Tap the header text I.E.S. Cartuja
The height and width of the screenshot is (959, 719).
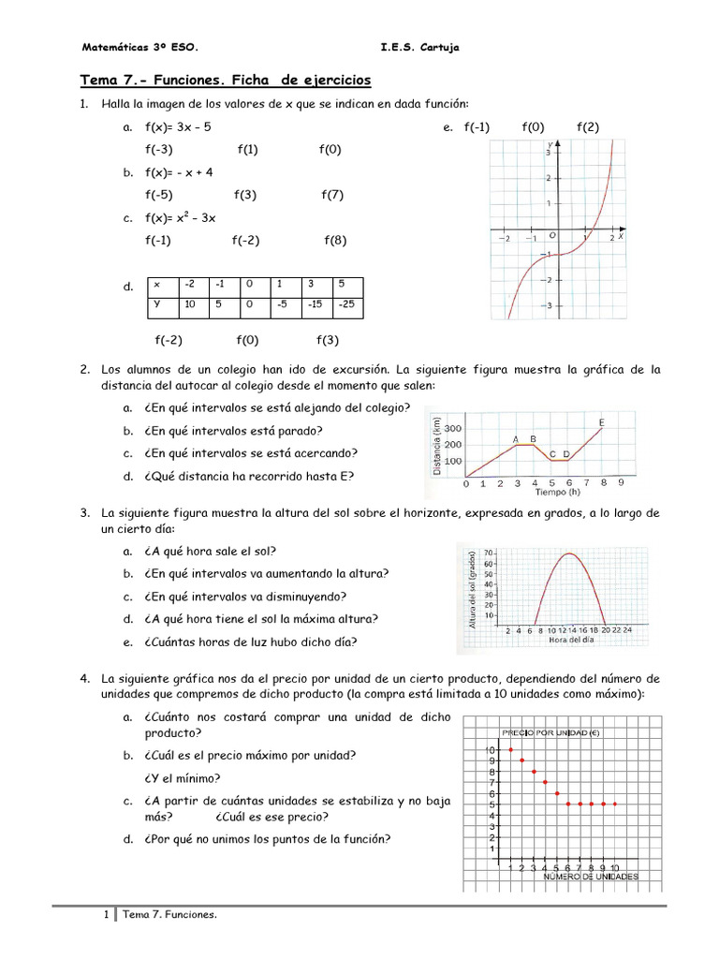420,47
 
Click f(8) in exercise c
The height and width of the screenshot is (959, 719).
335,240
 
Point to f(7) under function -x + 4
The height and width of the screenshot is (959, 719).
332,195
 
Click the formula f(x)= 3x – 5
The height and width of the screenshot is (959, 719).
184,126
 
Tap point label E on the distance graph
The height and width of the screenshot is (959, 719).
601,423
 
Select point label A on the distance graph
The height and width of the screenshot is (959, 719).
516,438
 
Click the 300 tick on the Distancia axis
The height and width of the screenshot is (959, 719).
453,428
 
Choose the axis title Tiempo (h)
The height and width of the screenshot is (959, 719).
558,492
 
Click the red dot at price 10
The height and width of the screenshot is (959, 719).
510,750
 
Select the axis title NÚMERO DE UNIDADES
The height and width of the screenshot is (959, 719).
591,878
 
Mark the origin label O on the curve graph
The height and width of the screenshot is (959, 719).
552,235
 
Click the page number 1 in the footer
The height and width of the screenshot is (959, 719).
107,915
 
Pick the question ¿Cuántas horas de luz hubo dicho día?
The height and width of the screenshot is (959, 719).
251,642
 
